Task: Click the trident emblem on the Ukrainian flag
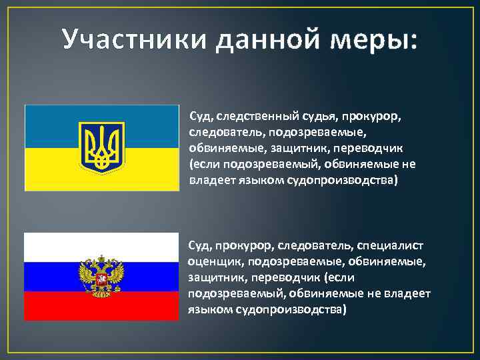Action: point(102,147)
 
